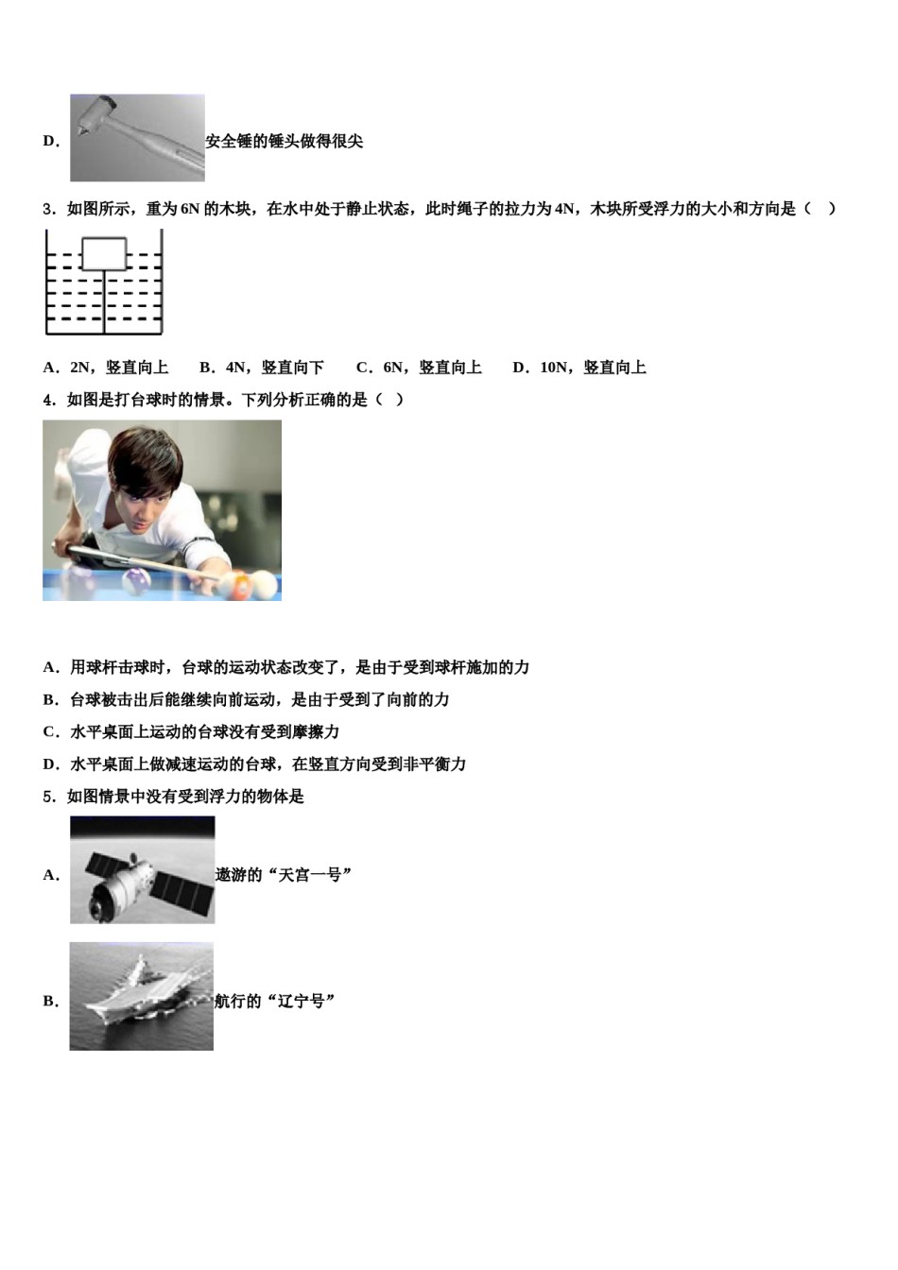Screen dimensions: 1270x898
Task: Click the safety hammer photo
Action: (x=137, y=138)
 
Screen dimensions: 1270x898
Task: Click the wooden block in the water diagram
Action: (x=103, y=254)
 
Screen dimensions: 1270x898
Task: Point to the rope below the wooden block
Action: (x=104, y=302)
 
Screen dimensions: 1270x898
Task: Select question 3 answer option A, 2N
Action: (x=106, y=368)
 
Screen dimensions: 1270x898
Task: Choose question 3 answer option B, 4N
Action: (x=262, y=368)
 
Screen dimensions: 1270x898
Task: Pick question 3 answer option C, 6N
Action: (x=419, y=368)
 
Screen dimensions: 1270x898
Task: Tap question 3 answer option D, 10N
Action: (x=579, y=368)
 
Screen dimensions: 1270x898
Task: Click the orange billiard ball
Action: (x=242, y=588)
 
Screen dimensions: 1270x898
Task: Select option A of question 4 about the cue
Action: (x=285, y=668)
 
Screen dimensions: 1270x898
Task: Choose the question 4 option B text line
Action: (x=246, y=700)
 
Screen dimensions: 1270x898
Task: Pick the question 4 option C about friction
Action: (x=191, y=732)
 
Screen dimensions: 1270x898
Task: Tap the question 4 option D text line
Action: (x=254, y=764)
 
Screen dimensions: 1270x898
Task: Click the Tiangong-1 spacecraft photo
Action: (x=142, y=870)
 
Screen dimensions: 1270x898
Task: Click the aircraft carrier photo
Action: (x=142, y=996)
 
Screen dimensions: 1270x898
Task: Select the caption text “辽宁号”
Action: (x=302, y=1002)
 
